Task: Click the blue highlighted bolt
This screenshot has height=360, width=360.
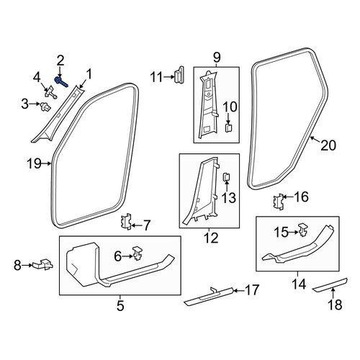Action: [x=61, y=81]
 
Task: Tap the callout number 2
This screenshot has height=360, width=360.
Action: [x=60, y=60]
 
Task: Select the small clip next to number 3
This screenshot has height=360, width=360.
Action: [x=45, y=107]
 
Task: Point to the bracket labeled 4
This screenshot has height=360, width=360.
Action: [x=51, y=92]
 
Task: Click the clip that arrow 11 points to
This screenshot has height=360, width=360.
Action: [x=179, y=75]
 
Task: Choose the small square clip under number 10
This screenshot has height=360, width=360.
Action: [x=229, y=128]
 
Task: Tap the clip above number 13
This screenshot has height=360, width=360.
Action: [x=227, y=177]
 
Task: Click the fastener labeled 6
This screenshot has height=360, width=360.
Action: [x=138, y=253]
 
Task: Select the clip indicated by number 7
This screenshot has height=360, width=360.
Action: [x=126, y=222]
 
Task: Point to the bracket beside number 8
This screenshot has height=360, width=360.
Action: [x=43, y=264]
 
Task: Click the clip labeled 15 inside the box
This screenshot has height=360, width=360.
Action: [x=303, y=230]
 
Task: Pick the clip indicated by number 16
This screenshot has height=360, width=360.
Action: [x=279, y=202]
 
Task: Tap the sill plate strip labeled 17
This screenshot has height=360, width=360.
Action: [x=208, y=297]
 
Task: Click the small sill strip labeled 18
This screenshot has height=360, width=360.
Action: [x=330, y=284]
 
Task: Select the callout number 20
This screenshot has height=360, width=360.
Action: [x=328, y=145]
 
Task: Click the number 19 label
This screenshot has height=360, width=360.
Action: [x=34, y=163]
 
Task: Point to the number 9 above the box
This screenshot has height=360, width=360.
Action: [x=216, y=58]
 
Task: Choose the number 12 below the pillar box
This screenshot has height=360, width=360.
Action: [x=211, y=238]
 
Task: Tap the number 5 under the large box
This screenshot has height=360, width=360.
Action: [x=120, y=305]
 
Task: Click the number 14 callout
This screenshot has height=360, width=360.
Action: [x=299, y=284]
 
